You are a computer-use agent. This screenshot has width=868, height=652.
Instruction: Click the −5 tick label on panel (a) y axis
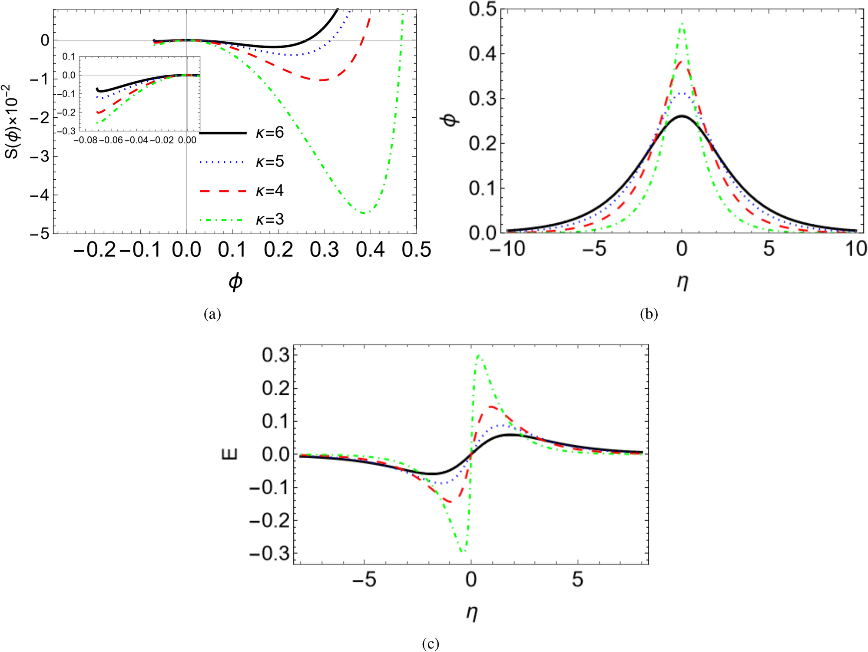pyautogui.click(x=40, y=234)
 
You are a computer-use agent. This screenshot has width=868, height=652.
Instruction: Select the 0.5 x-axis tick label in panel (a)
pyautogui.click(x=416, y=250)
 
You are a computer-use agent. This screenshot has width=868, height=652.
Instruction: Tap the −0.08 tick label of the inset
pyautogui.click(x=85, y=140)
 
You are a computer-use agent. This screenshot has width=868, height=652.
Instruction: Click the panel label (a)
pyautogui.click(x=212, y=314)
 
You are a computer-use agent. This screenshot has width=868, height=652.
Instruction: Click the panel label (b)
pyautogui.click(x=649, y=314)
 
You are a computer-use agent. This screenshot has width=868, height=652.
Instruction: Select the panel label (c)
pyautogui.click(x=430, y=643)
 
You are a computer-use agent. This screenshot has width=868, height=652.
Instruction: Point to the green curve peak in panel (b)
pyautogui.click(x=682, y=24)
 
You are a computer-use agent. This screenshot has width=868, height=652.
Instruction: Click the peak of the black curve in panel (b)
pyautogui.click(x=682, y=116)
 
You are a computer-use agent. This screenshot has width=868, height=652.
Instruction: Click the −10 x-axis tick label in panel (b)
pyautogui.click(x=507, y=249)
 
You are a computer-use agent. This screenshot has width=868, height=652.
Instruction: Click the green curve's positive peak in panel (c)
pyautogui.click(x=479, y=355)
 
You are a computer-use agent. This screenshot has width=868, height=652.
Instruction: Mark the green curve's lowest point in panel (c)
pyautogui.click(x=463, y=552)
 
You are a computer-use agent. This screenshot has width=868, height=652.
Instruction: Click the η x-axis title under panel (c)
pyautogui.click(x=471, y=613)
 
